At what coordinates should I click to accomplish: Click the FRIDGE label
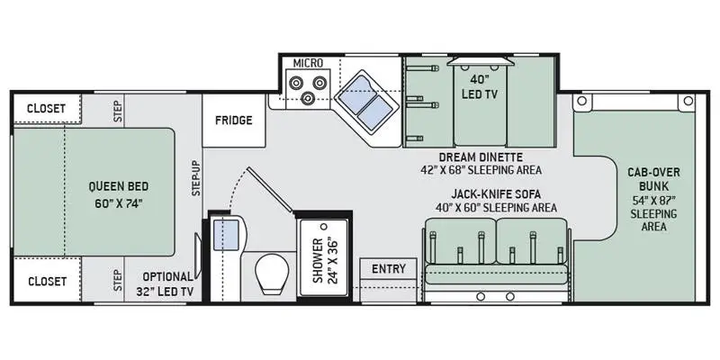pyautogui.click(x=233, y=121)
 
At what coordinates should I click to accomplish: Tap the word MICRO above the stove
pyautogui.click(x=308, y=63)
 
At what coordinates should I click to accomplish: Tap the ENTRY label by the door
pyautogui.click(x=388, y=269)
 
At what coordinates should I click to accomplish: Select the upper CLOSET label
pyautogui.click(x=46, y=108)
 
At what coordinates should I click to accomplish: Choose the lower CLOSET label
pyautogui.click(x=46, y=281)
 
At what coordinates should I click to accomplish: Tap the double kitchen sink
pyautogui.click(x=368, y=100)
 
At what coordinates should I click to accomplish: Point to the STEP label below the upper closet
pyautogui.click(x=116, y=108)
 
